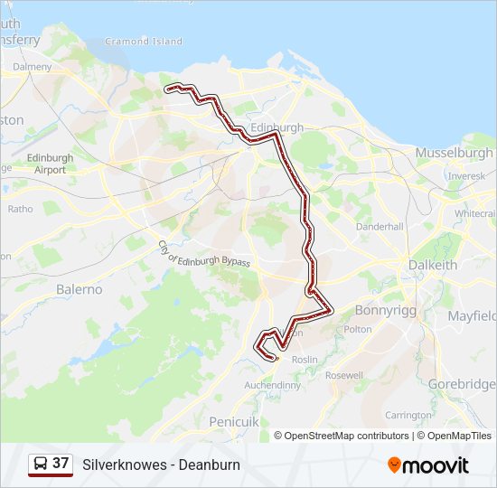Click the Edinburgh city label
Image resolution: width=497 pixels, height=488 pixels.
point(277,128)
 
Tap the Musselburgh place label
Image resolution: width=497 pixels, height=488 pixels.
point(454,153)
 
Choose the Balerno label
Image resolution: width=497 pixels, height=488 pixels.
point(80,289)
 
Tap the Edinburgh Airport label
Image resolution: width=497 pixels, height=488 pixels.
point(51,164)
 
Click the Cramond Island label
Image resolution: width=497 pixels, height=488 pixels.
point(144,42)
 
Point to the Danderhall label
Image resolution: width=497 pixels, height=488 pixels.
point(378,227)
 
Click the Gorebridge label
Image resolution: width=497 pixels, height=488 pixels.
point(461,384)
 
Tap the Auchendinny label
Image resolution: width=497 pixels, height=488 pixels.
point(273,385)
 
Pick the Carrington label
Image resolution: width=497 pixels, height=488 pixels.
point(408,415)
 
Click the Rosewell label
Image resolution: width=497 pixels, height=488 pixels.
point(343,375)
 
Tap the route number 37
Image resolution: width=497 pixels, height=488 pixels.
point(61,464)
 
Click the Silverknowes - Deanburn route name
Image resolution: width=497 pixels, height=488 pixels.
point(161,465)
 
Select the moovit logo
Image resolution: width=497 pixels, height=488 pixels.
point(428,465)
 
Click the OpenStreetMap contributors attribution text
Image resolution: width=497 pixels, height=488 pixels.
point(346,436)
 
